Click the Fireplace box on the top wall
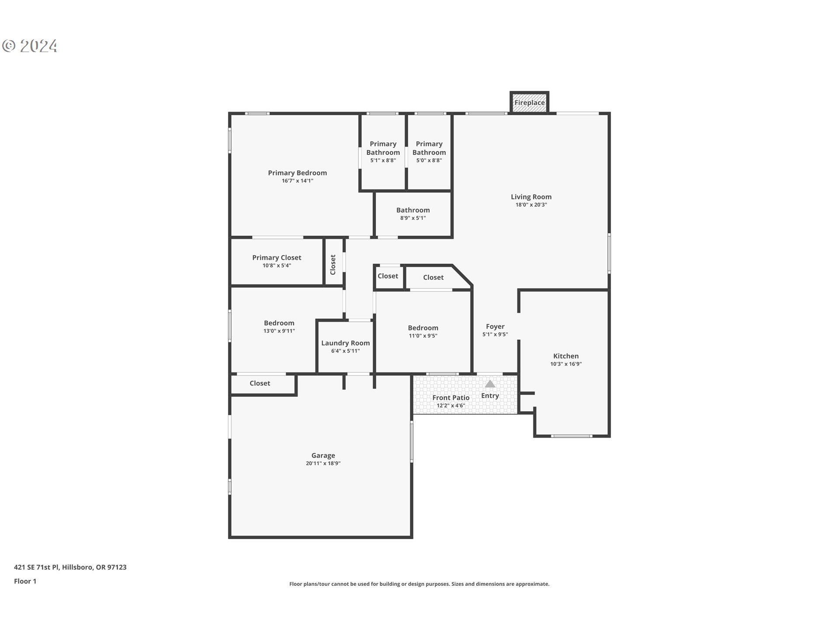point(529,103)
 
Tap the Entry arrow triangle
point(490,384)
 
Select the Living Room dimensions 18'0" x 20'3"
point(531,205)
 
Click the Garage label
point(323,455)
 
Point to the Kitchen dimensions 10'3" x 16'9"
point(566,364)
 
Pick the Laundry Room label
point(345,343)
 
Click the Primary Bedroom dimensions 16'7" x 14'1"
point(297,181)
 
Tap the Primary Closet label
point(277,258)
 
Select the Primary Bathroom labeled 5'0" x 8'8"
point(429,151)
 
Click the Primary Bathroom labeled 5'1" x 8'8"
point(383,151)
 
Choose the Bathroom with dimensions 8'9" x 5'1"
point(413,213)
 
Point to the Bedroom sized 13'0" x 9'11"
point(279,326)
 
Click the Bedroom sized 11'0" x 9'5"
point(423,331)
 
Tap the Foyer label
point(495,326)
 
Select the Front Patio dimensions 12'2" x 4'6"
point(451,406)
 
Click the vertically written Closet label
point(333,265)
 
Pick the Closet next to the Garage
point(260,383)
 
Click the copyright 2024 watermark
point(30,46)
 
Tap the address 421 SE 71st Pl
point(70,567)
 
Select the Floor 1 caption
point(25,581)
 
